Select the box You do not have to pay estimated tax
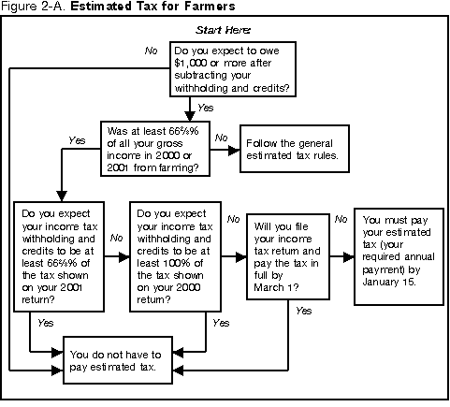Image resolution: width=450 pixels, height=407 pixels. point(117,361)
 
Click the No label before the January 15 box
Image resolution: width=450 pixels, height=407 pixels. point(341,219)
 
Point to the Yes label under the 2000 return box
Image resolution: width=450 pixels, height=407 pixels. point(221,322)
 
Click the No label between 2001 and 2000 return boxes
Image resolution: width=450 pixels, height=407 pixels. point(117,240)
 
